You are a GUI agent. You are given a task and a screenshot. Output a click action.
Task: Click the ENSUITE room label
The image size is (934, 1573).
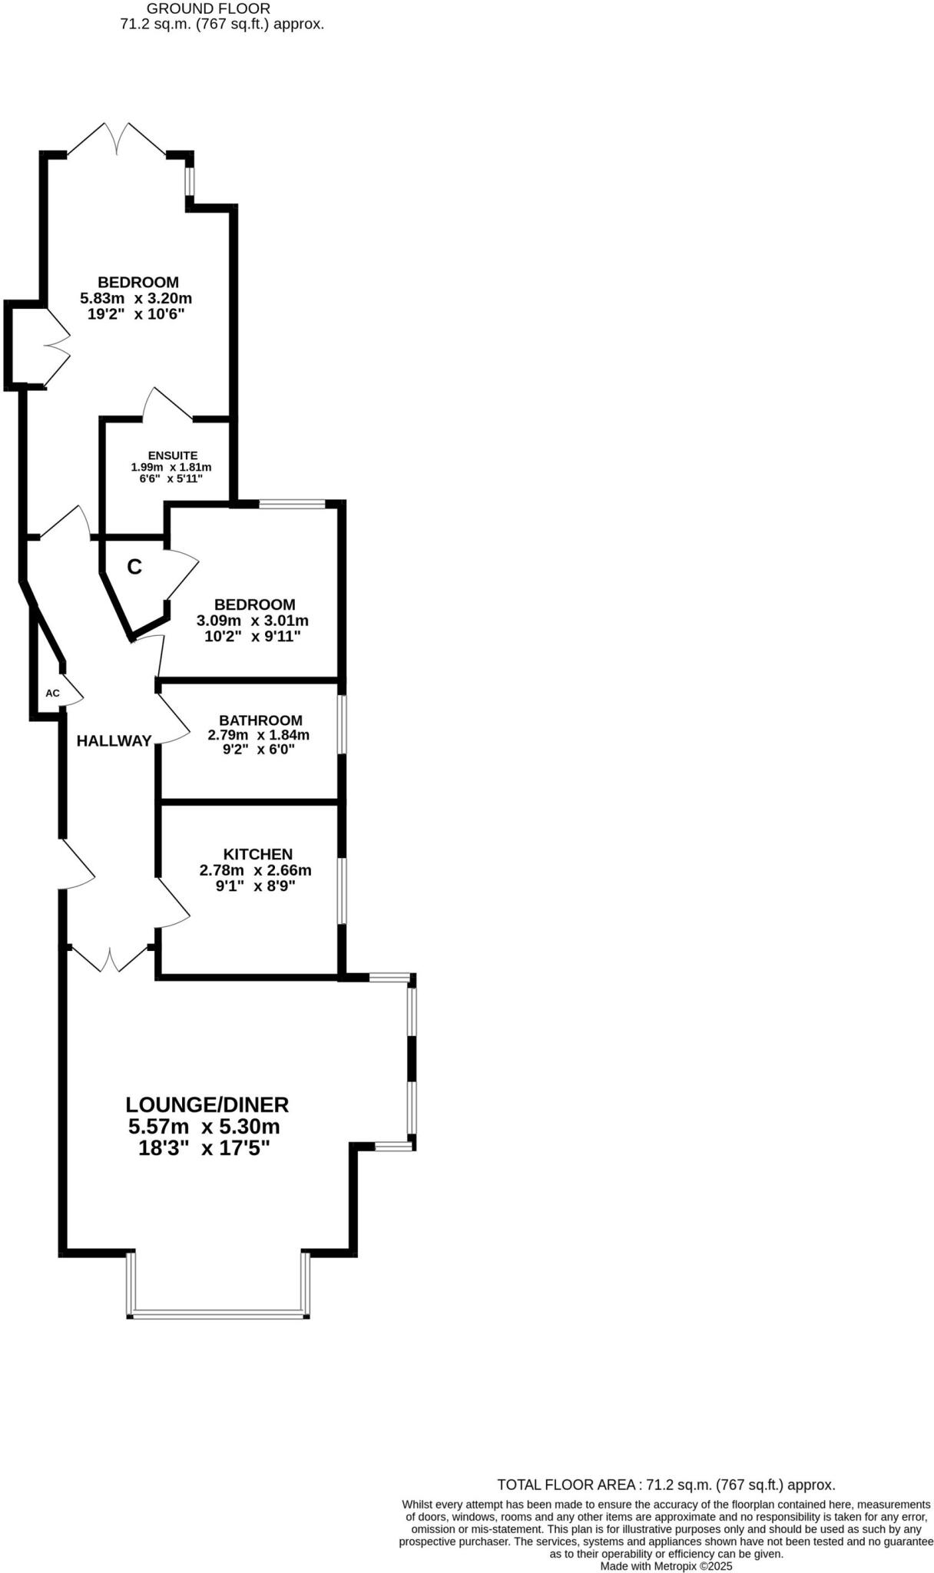click(x=173, y=455)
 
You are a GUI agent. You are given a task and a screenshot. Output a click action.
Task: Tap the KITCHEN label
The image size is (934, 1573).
click(x=257, y=854)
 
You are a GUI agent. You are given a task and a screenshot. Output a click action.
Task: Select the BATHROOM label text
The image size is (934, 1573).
click(x=260, y=720)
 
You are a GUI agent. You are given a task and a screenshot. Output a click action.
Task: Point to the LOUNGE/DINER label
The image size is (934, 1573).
click(x=207, y=1104)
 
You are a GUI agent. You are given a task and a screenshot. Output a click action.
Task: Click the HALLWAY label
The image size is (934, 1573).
click(x=114, y=741)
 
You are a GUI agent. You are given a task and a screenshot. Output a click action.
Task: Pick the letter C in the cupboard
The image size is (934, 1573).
click(x=134, y=568)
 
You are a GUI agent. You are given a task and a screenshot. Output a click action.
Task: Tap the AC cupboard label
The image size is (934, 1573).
click(x=52, y=694)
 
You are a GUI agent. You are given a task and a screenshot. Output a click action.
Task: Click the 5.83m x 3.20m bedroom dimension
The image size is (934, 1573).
click(x=136, y=298)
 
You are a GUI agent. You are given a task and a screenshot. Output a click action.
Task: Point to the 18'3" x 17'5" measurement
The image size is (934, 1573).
click(x=204, y=1148)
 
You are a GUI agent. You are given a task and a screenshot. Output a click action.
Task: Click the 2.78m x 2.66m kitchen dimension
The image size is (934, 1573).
click(x=255, y=870)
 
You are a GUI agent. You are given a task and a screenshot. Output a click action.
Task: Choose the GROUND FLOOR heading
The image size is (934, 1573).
click(x=208, y=8)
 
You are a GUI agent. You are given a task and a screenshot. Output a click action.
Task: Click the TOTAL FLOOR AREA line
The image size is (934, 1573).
click(x=666, y=1485)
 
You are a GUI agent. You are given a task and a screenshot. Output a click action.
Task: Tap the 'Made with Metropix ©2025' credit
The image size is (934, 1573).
click(x=666, y=1566)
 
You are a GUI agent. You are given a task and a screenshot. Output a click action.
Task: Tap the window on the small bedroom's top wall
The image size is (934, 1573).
click(x=293, y=505)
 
